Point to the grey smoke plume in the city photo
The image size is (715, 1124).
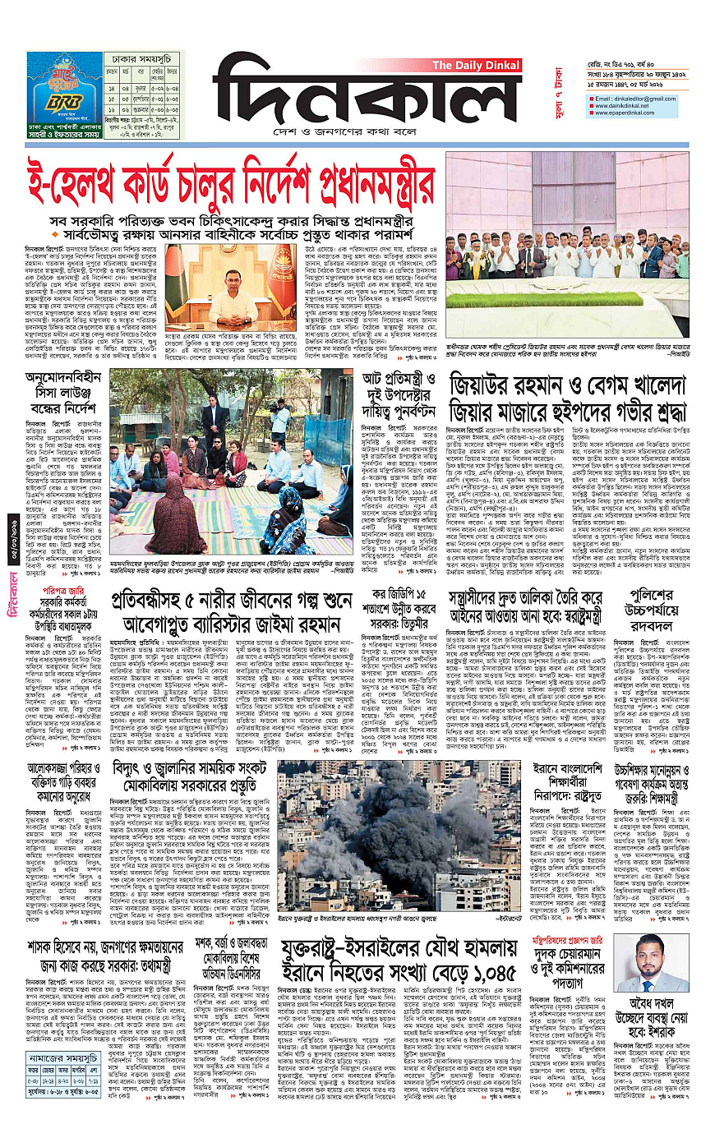[362, 809]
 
